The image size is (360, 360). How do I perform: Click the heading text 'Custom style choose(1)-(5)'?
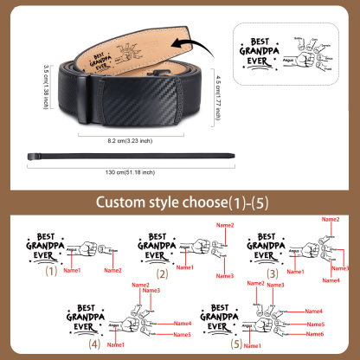180,204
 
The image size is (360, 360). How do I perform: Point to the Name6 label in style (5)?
316,334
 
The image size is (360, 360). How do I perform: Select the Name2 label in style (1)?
112,270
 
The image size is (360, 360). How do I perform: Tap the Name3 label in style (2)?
225,276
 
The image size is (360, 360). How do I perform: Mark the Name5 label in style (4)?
181,334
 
